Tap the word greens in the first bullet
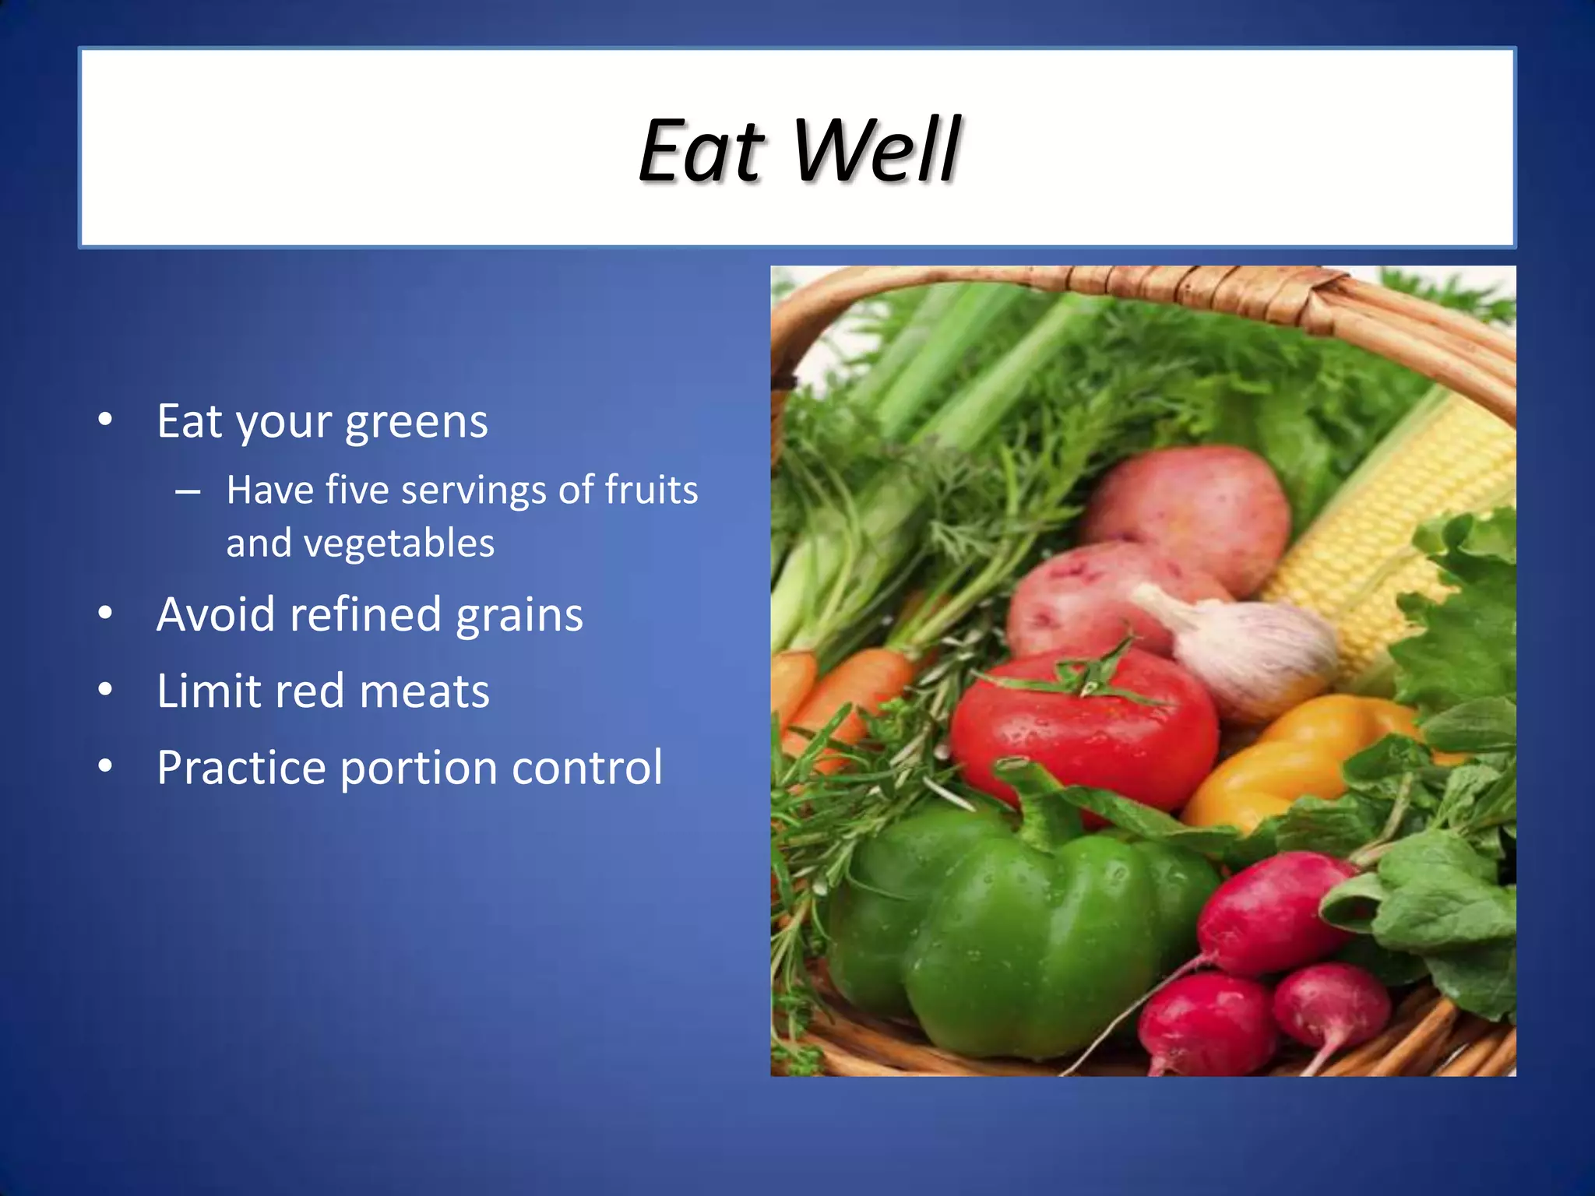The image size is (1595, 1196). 416,423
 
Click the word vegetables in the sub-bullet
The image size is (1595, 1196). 399,543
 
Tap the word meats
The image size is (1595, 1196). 424,691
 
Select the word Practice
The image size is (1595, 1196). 241,768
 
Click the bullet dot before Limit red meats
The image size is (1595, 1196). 106,690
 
